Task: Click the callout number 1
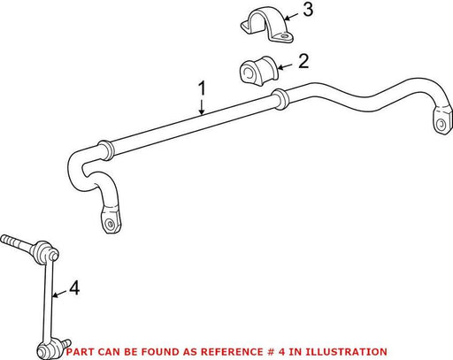(x=202, y=89)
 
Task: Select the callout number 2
(x=303, y=61)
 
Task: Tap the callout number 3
(x=308, y=10)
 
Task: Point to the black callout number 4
(x=74, y=287)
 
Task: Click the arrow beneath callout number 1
(x=202, y=107)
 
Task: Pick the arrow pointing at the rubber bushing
(x=285, y=66)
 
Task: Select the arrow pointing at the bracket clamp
(x=291, y=16)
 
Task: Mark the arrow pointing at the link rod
(x=59, y=294)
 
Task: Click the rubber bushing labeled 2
(x=258, y=71)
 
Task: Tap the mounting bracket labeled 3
(x=267, y=24)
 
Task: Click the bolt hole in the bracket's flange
(x=284, y=36)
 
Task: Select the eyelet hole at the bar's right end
(x=441, y=124)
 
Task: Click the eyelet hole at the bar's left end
(x=110, y=224)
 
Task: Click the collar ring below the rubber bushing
(x=280, y=99)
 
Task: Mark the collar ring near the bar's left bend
(x=105, y=150)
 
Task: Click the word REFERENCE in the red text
(x=232, y=352)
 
